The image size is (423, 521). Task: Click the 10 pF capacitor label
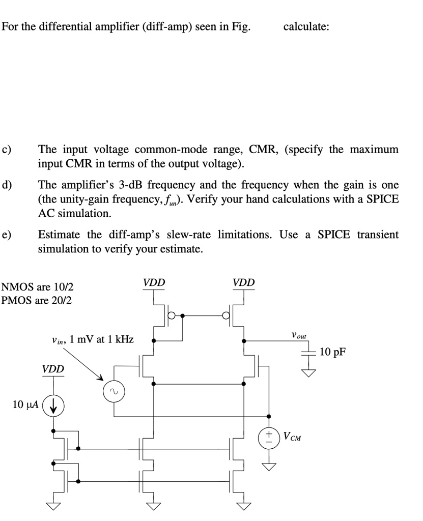(333, 352)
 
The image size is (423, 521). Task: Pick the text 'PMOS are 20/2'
(37, 300)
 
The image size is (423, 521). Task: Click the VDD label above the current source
(53, 369)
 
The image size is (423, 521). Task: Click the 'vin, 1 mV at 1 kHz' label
(93, 339)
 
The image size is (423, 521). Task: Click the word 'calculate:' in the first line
(306, 27)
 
